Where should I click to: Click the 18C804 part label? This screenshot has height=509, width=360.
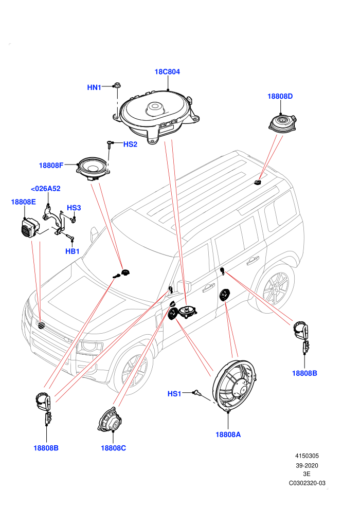pyautogui.click(x=167, y=72)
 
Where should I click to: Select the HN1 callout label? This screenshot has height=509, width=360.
pyautogui.click(x=94, y=87)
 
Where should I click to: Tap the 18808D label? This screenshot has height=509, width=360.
pyautogui.click(x=280, y=96)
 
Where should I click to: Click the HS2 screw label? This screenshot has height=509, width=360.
pyautogui.click(x=130, y=144)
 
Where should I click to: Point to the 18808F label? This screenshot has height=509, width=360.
pyautogui.click(x=51, y=165)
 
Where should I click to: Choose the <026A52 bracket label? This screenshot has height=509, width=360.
pyautogui.click(x=45, y=189)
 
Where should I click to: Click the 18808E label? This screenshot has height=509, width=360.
pyautogui.click(x=23, y=202)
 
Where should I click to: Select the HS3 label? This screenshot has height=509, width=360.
pyautogui.click(x=74, y=208)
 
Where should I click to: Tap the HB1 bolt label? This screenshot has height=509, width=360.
pyautogui.click(x=73, y=251)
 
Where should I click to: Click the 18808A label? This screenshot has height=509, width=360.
pyautogui.click(x=228, y=434)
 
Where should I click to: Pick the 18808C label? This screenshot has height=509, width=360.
pyautogui.click(x=113, y=448)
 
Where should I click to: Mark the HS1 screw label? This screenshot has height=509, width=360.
pyautogui.click(x=174, y=394)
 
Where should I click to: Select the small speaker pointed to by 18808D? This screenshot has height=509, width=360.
pyautogui.click(x=282, y=123)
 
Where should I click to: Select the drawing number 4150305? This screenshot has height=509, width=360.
pyautogui.click(x=307, y=456)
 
